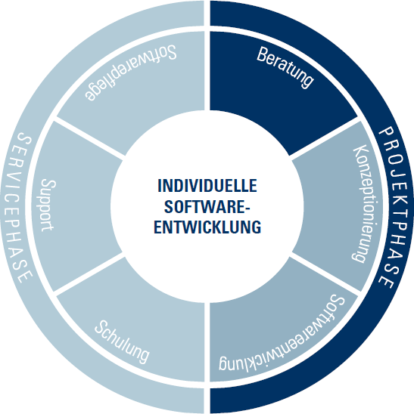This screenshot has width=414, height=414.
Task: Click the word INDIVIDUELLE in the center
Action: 207,185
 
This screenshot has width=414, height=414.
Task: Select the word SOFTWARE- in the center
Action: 207,206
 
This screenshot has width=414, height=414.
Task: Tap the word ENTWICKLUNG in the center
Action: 207,227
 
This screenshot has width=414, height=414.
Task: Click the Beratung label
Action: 285,68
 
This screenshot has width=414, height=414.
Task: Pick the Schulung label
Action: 122,342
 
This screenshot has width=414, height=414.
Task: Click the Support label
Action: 48,205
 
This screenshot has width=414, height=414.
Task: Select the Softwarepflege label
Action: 131,73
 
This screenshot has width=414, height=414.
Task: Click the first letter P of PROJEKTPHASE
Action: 387,132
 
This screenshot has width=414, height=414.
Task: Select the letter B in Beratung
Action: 262,54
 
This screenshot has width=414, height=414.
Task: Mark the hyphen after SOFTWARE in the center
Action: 247,208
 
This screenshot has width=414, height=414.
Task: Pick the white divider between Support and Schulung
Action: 89,274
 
